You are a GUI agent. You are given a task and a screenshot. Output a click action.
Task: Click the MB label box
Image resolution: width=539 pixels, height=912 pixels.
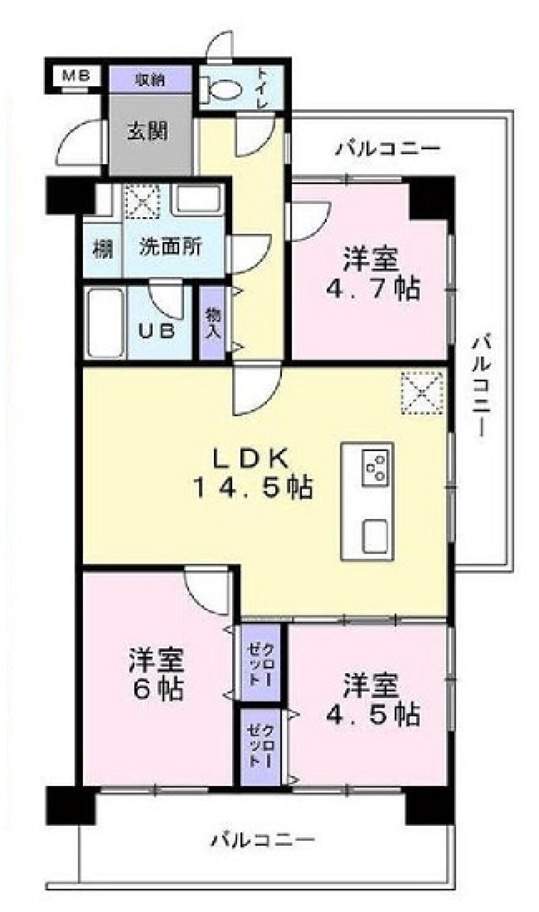pos(75,75)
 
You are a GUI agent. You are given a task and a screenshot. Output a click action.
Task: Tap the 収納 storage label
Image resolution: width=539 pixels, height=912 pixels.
pos(150,80)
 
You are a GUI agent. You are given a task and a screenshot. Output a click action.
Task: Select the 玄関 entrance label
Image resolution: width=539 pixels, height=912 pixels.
pos(147,131)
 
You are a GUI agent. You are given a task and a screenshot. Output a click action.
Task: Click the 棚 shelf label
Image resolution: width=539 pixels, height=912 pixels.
pos(102,250)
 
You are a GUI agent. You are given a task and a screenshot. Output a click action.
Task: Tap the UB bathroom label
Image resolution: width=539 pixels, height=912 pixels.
pos(157,330)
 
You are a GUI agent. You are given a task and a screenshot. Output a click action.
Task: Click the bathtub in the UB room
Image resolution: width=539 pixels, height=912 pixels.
pos(105,323)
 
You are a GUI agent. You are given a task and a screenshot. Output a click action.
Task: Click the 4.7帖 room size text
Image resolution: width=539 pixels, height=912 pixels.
pos(372,290)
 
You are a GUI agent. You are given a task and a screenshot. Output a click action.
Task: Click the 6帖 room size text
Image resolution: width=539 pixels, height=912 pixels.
pos(157,689)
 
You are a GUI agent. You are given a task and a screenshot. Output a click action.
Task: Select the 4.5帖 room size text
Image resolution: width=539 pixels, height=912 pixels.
pos(372,714)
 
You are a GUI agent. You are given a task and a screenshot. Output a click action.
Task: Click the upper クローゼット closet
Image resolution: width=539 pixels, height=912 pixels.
pos(260,664)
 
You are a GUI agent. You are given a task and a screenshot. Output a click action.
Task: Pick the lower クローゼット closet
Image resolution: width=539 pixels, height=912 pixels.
pos(260,747)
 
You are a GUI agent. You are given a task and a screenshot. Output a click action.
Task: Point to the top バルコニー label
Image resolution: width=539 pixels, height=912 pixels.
pos(388,148)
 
